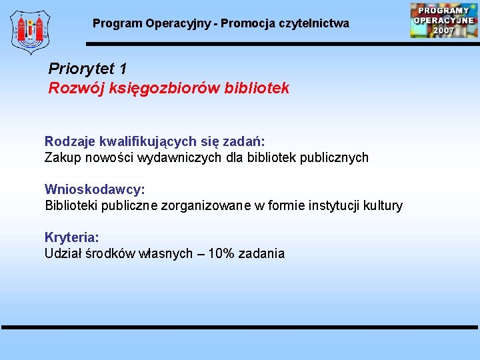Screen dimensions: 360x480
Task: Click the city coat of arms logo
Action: pos(30,31)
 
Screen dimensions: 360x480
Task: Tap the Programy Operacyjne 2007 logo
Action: pos(443,20)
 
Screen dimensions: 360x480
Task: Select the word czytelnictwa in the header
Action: pos(317,23)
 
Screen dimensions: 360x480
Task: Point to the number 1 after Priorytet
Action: pos(123,69)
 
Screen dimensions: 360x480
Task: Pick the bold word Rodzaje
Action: pos(70,141)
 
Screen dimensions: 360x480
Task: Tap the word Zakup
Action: pos(61,158)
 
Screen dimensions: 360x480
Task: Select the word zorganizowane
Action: pos(214,206)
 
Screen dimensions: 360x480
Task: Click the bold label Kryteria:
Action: pos(72,237)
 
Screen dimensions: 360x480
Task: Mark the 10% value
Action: pos(221,254)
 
